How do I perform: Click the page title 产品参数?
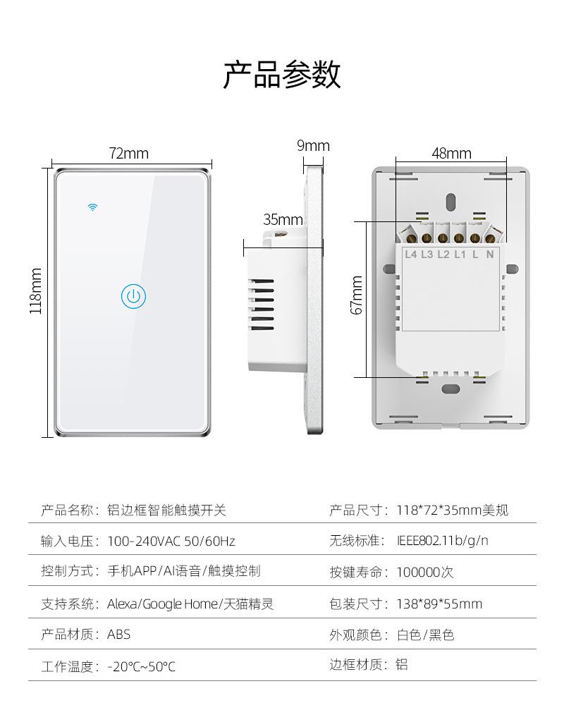pos(282,75)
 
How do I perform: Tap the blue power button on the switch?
pos(133,297)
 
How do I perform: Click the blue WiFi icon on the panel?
pos(92,207)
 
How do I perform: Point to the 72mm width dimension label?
pos(128,154)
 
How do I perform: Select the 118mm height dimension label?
pos(36,290)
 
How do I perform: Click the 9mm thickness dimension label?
pos(313,146)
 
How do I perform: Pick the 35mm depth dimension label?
pos(283,219)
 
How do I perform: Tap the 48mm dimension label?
pos(451,154)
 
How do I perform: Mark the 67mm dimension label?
pos(357,295)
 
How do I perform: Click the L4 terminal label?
pos(411,255)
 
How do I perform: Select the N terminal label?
pos(489,255)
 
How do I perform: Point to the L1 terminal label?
pos(460,255)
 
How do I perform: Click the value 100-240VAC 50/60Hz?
pos(171,541)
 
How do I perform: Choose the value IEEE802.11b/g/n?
pos(443,541)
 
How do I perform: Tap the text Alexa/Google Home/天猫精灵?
pos(190,604)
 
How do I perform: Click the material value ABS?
pos(119,635)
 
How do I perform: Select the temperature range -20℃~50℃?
pos(142,666)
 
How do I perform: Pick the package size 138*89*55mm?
pos(440,604)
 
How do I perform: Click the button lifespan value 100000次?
pos(425,572)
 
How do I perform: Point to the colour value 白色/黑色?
pos(426,635)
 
